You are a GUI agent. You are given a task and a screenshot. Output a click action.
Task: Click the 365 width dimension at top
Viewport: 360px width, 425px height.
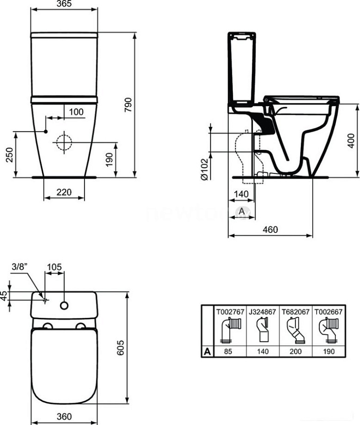tap(64, 4)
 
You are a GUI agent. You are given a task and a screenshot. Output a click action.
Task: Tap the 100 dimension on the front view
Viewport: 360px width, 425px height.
tap(75, 112)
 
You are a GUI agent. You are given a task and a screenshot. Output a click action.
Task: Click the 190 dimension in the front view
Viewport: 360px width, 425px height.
tap(109, 159)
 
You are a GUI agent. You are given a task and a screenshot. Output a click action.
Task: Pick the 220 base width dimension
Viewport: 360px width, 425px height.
tap(64, 192)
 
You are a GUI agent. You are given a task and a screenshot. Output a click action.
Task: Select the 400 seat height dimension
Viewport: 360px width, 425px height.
tap(350, 140)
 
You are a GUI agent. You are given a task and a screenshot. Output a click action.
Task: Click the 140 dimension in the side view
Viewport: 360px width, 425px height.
tap(241, 194)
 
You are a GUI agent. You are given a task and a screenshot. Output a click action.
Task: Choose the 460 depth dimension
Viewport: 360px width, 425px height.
tap(270, 229)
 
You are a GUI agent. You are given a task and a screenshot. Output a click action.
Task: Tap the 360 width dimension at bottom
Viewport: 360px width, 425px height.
tap(64, 416)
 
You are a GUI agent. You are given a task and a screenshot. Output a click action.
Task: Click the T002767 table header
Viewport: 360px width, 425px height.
tap(230, 311)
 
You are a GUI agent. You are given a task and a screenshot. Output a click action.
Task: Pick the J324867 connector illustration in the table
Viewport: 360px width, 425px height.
tap(262, 330)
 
